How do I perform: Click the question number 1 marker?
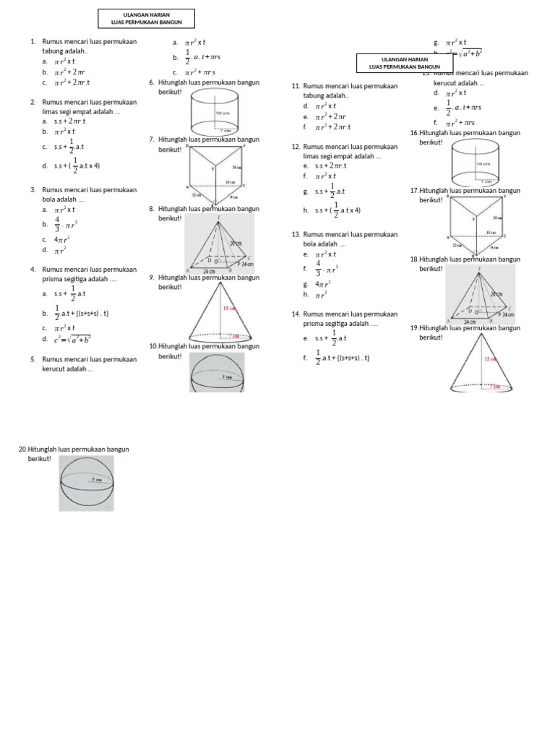coord(33,41)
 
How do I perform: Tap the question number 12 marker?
coord(296,146)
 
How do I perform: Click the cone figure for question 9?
coord(216,312)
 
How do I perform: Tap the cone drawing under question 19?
coord(476,364)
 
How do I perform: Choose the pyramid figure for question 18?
coord(480,293)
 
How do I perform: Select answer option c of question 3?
coord(61,239)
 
